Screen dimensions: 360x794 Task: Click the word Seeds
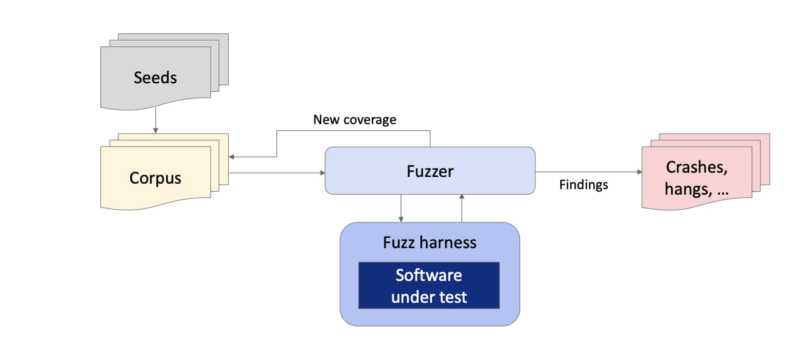tap(155, 78)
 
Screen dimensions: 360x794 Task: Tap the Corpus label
tap(155, 178)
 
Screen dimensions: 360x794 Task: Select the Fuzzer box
tap(430, 171)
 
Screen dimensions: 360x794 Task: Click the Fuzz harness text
tap(430, 243)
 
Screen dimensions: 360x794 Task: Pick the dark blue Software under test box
tap(429, 285)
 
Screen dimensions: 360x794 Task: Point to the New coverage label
tap(354, 120)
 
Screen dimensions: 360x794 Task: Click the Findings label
tap(583, 185)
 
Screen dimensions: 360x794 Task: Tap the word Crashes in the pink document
tap(697, 167)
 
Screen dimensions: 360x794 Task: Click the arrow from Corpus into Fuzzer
tap(277, 173)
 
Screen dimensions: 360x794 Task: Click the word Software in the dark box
tap(429, 275)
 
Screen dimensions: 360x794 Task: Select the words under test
tap(429, 297)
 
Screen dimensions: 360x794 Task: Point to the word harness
tap(449, 243)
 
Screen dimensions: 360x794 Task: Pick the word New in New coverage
tap(325, 120)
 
